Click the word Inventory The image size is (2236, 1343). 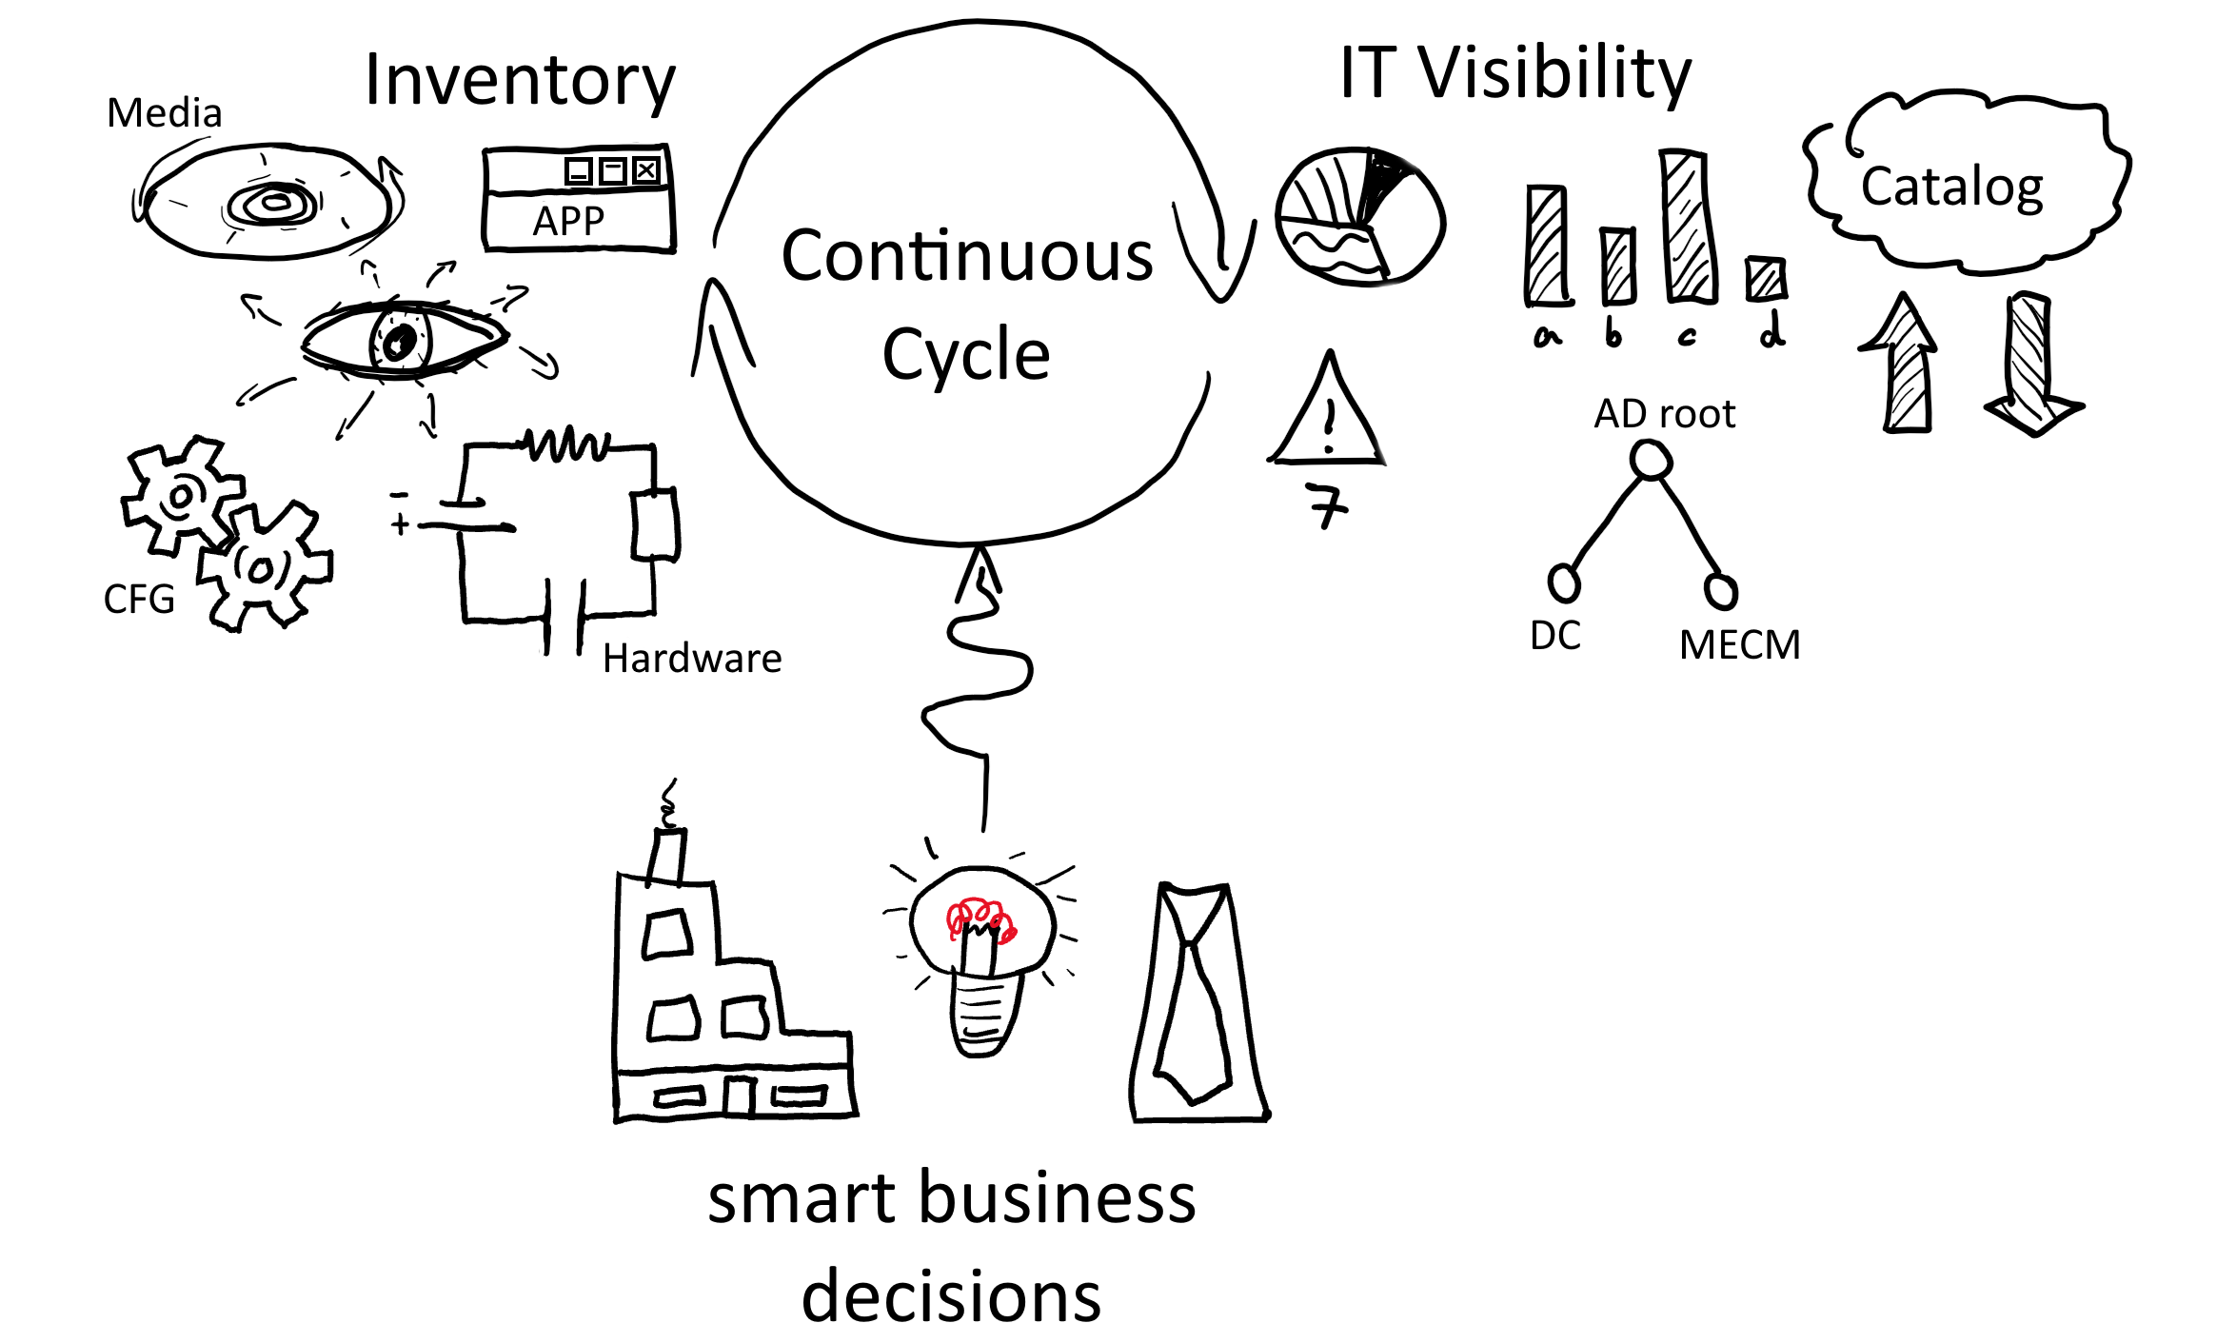pos(520,80)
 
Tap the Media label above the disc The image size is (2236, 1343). pos(164,113)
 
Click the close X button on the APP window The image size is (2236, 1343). pos(646,170)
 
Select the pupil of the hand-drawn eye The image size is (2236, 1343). pos(400,341)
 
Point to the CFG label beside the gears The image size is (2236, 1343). pos(139,600)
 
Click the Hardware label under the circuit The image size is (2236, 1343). pos(692,659)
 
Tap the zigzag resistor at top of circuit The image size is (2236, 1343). pos(567,444)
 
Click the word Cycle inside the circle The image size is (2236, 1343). pos(965,354)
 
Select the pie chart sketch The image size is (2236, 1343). pos(1359,216)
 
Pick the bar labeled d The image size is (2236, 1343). pos(1766,279)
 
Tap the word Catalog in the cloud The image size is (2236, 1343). pos(1951,187)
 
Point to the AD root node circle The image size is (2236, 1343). pos(1651,461)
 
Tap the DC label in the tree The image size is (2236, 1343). pos(1555,636)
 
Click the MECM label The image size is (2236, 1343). pos(1739,645)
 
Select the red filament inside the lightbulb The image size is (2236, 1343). pos(980,919)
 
